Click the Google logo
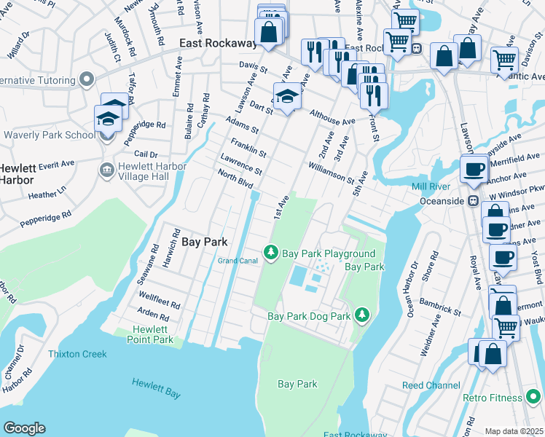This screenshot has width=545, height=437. click(x=23, y=428)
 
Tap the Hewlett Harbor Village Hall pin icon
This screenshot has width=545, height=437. click(x=106, y=169)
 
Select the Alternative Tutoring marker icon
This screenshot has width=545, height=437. click(x=87, y=78)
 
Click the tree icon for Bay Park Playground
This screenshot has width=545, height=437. click(x=271, y=252)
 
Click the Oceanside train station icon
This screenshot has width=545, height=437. click(x=473, y=200)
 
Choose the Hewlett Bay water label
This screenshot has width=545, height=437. click(x=156, y=388)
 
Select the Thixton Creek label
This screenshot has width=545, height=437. click(x=77, y=354)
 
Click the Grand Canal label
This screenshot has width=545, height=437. click(x=238, y=261)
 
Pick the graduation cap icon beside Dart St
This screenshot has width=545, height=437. click(x=287, y=98)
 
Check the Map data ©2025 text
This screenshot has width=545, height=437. click(x=514, y=431)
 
